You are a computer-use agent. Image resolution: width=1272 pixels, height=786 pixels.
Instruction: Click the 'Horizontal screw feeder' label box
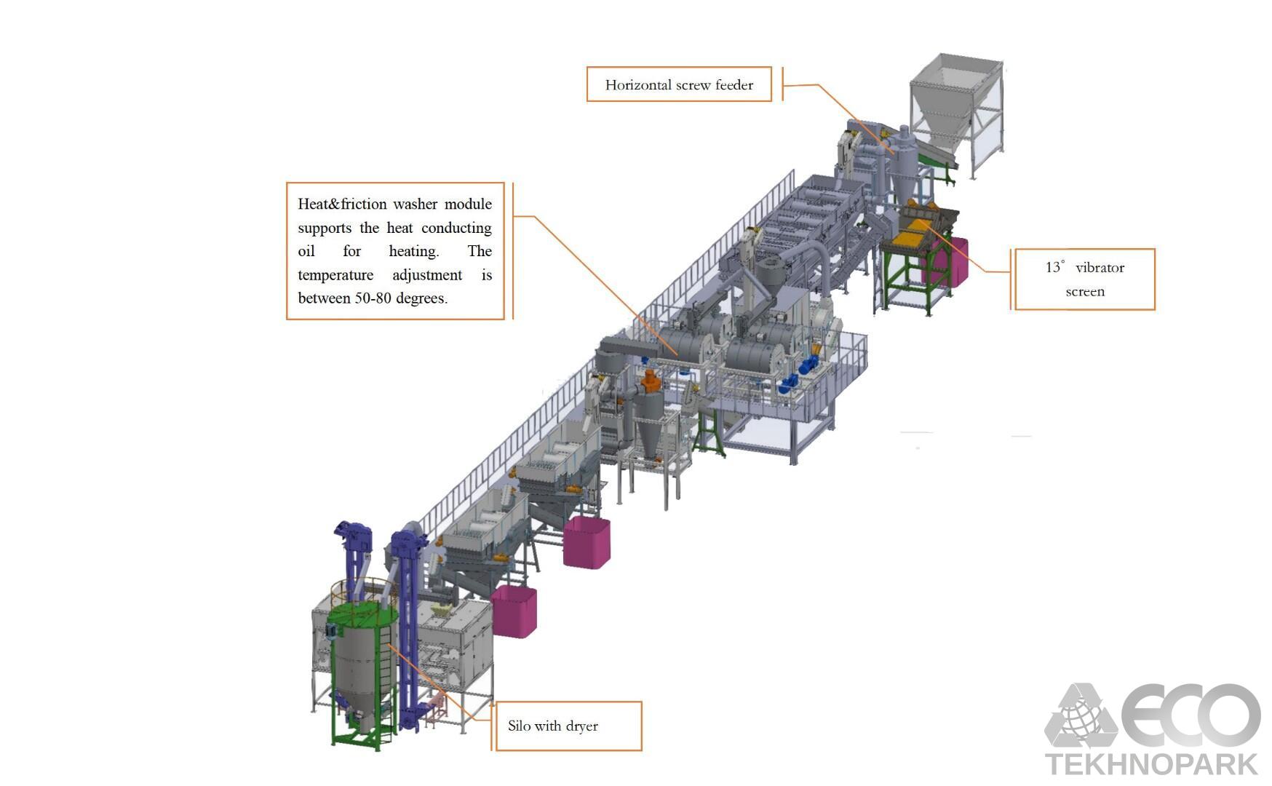click(678, 84)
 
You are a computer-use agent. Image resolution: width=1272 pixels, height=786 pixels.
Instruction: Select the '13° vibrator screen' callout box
click(1084, 279)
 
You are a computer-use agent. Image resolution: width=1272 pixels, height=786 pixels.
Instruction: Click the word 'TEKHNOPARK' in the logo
click(1151, 764)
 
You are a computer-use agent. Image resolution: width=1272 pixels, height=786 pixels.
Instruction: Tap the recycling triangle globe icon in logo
click(1080, 717)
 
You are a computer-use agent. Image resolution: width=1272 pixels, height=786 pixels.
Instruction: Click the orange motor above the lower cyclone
click(651, 380)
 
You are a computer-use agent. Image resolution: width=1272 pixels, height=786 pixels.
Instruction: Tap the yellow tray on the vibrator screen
click(910, 235)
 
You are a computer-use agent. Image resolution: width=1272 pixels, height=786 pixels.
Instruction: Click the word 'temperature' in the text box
click(335, 275)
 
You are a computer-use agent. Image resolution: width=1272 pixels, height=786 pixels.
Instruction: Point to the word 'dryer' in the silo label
click(581, 726)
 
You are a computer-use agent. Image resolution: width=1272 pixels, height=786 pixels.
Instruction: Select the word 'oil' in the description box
click(306, 251)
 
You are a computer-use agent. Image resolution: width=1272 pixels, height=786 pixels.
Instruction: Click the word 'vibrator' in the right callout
click(1100, 268)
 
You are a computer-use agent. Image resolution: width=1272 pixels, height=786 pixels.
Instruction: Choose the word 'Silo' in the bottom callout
click(519, 726)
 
